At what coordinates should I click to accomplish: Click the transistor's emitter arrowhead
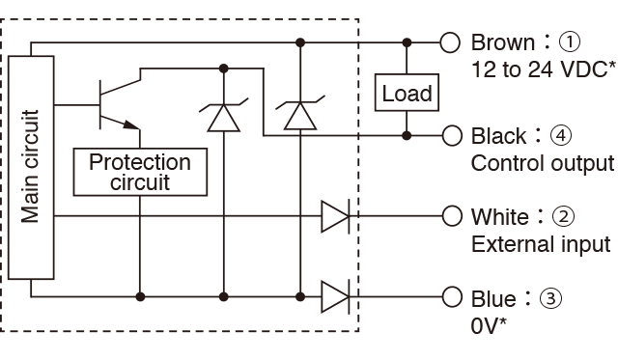click(x=131, y=125)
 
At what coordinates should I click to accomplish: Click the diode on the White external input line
click(x=335, y=216)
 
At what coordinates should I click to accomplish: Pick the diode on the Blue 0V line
click(x=335, y=297)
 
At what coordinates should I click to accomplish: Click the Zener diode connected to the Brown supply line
click(x=300, y=113)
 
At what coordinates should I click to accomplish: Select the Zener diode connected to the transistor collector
click(x=223, y=115)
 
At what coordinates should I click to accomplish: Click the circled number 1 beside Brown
click(x=569, y=42)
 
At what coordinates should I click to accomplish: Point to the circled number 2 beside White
click(x=564, y=216)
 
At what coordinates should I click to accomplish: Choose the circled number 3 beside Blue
click(x=550, y=298)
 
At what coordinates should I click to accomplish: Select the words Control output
click(x=543, y=163)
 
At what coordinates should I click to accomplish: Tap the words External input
click(x=541, y=244)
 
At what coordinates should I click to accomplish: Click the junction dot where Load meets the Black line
click(x=407, y=136)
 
